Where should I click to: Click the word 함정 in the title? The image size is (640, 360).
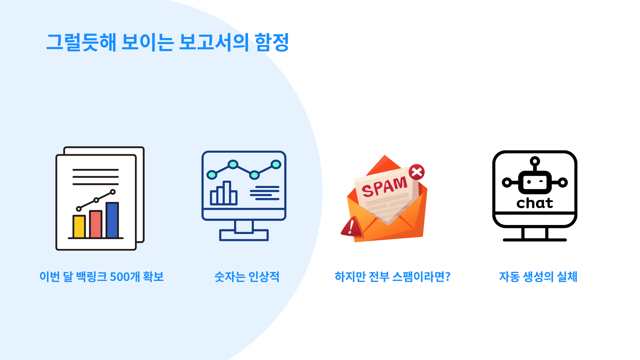coord(272,42)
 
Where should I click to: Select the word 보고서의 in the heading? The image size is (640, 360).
coord(214,42)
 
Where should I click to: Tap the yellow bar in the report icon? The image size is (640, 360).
coord(79,227)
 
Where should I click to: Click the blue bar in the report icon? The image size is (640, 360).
coord(112,220)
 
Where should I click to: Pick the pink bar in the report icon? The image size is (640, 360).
coord(96,224)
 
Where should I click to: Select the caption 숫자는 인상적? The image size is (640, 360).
coord(247,277)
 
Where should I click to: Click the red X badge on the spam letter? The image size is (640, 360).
coord(417,172)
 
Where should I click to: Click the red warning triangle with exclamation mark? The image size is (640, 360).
coord(351,227)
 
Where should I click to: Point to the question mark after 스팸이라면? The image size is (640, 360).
coord(448,277)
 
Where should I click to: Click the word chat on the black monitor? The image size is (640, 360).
coord(535,203)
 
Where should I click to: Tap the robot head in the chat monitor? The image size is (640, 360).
coord(535,182)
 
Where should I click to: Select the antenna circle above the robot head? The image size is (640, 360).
coord(535,161)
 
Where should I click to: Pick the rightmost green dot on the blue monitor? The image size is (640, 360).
coord(276,164)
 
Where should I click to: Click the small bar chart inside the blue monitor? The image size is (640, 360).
coord(224,193)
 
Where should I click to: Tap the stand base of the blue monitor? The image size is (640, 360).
coord(244,235)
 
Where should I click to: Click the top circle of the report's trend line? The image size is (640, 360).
coord(113,192)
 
